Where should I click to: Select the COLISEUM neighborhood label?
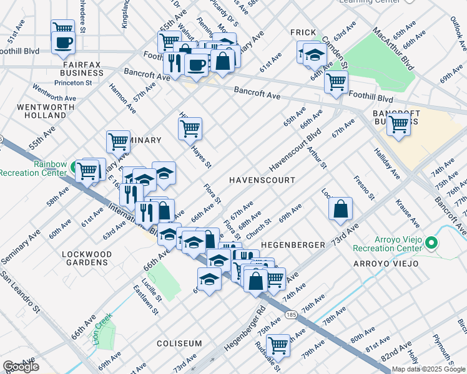179,343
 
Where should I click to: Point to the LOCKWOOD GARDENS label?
87,258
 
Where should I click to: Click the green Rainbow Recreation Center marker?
74,167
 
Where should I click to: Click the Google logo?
21,367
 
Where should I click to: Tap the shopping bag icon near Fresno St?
341,209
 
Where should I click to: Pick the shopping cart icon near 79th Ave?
278,345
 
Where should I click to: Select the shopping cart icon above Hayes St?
190,129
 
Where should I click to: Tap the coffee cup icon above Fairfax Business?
63,42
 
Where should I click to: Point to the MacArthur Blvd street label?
393,48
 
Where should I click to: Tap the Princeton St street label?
72,82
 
